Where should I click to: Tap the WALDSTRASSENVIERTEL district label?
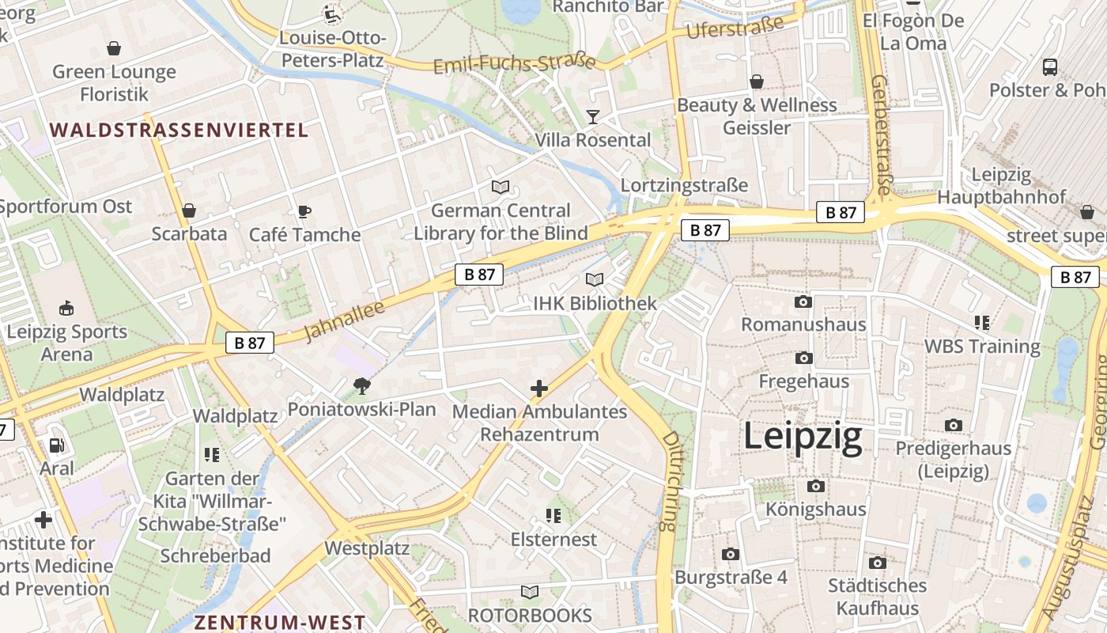tap(179, 131)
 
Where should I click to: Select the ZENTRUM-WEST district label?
tap(280, 623)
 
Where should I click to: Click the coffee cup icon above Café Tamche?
tap(304, 211)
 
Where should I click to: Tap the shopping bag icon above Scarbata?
tap(189, 210)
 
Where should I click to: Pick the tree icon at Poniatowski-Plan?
tap(362, 386)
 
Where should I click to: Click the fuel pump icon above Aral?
tap(56, 445)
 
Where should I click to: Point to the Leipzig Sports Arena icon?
tap(66, 308)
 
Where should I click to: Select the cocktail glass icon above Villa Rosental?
tap(593, 117)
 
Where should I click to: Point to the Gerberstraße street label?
tap(881, 135)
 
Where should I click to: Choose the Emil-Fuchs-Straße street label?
tap(514, 63)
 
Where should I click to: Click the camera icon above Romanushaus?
tap(803, 301)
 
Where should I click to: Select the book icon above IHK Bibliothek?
tap(595, 279)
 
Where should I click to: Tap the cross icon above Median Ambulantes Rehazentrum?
tap(539, 389)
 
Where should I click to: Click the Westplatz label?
tap(367, 548)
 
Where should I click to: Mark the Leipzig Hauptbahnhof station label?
tap(1001, 186)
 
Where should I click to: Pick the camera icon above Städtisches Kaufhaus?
tap(877, 563)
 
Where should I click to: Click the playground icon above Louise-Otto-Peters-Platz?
tap(332, 13)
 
